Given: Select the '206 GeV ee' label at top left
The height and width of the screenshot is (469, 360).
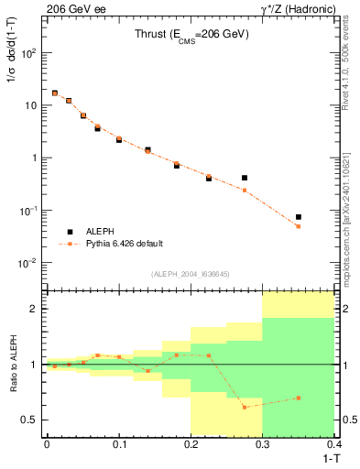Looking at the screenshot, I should click(x=71, y=8).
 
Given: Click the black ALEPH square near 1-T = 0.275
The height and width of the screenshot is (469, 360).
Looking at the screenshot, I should click(x=245, y=178).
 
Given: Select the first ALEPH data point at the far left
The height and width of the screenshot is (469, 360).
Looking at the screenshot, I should click(x=54, y=93).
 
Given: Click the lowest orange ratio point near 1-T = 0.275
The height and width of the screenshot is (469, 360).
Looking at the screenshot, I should click(x=245, y=407).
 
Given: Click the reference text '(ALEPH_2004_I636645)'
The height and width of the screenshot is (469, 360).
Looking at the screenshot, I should click(x=190, y=275).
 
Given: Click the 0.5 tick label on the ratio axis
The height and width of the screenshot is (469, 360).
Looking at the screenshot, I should click(x=31, y=420).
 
